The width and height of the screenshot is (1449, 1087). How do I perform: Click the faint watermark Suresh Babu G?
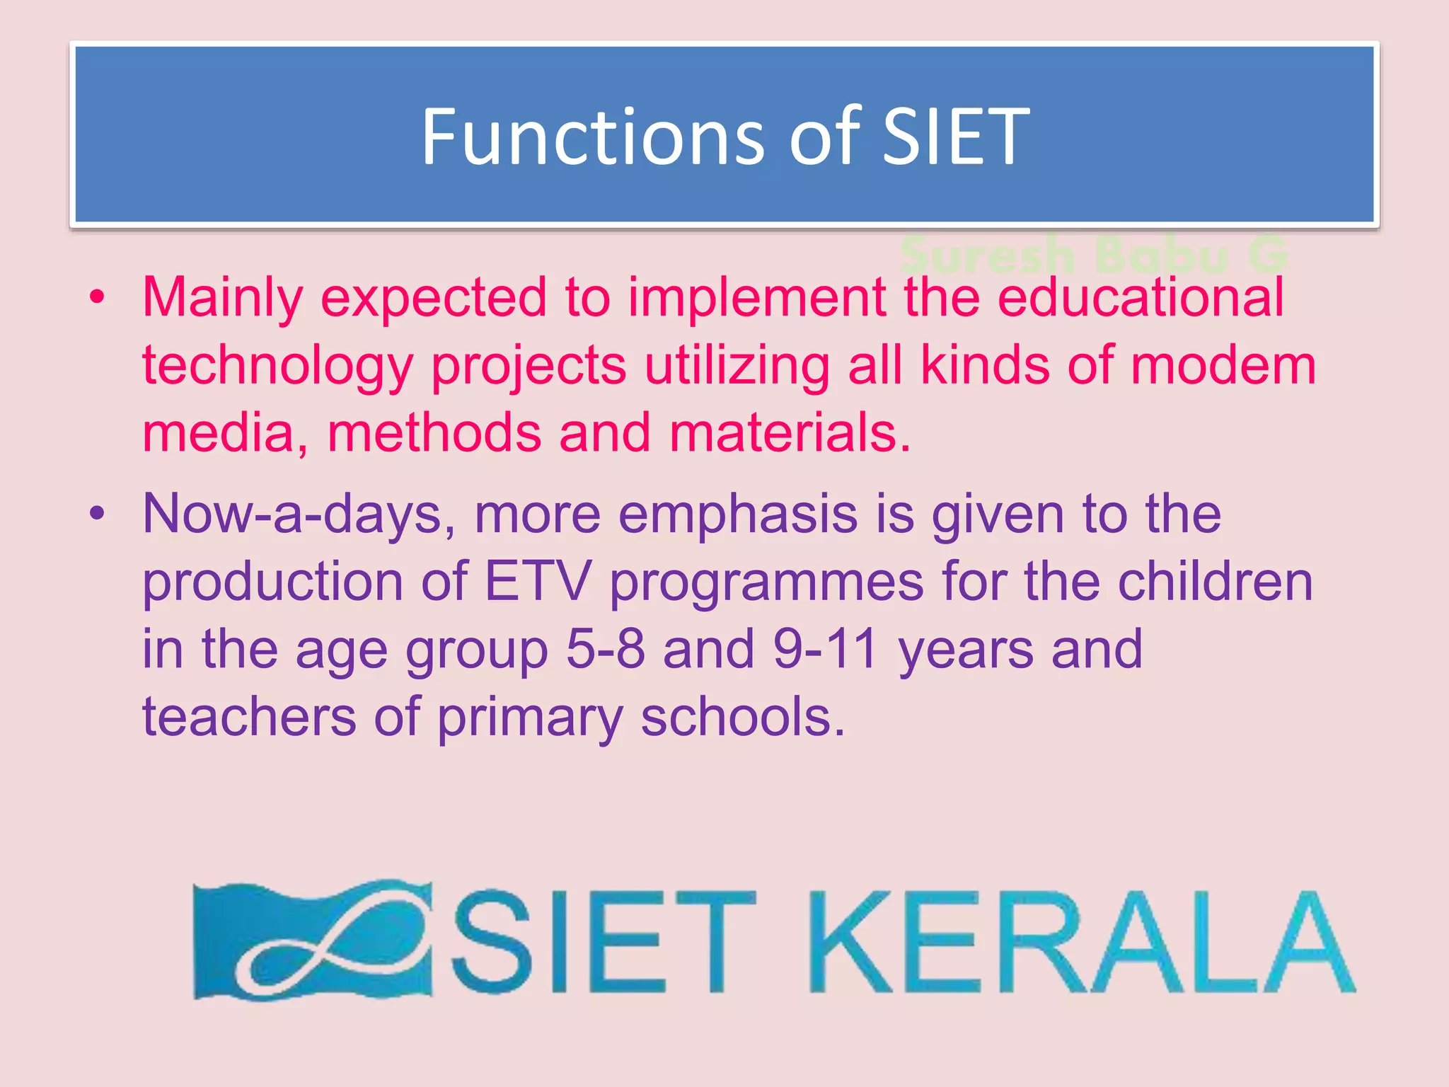coord(1093,255)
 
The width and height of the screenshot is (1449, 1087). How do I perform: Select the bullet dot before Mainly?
coord(97,297)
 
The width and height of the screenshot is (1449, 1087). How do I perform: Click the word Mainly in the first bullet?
coord(222,298)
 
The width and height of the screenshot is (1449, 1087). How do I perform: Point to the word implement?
coord(756,298)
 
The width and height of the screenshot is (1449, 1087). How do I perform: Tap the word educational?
coord(1140,298)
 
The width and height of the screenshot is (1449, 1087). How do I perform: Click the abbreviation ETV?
coord(537,582)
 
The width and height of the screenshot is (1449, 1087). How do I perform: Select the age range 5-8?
coord(606,649)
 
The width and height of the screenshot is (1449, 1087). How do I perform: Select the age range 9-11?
coord(825,649)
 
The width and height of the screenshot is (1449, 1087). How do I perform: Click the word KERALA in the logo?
coord(1082,941)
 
